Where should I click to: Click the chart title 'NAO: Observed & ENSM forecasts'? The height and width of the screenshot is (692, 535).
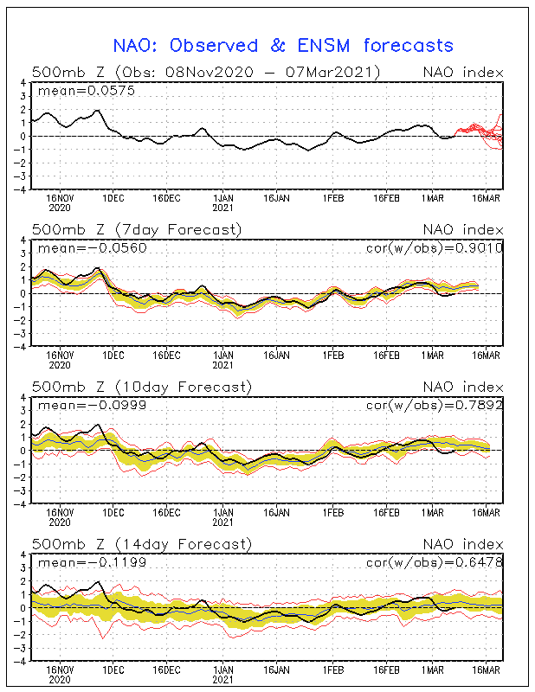point(283,45)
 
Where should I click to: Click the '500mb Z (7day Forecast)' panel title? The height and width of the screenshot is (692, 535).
point(137,229)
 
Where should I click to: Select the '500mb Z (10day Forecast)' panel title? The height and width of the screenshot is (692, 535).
point(141,387)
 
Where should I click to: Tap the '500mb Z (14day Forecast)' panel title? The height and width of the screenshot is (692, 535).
point(141,544)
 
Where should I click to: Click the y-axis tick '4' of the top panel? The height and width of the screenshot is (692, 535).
point(23,83)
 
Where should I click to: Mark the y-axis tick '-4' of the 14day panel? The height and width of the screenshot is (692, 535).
point(21,661)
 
